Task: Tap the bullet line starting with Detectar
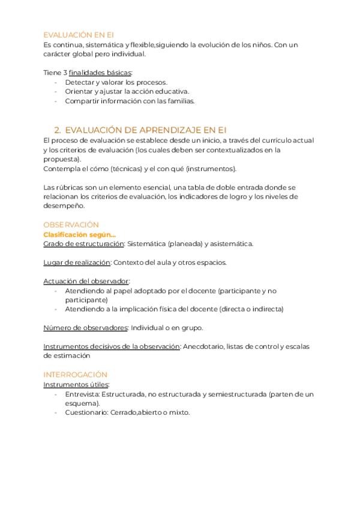[116, 82]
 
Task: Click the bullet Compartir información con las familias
[130, 101]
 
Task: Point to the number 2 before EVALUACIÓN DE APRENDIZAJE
[57, 129]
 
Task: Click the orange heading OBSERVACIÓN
[71, 224]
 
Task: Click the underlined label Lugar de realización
[77, 262]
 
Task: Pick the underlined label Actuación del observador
[86, 281]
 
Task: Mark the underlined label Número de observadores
[85, 328]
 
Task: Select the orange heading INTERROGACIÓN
[75, 375]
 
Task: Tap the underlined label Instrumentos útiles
[76, 384]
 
